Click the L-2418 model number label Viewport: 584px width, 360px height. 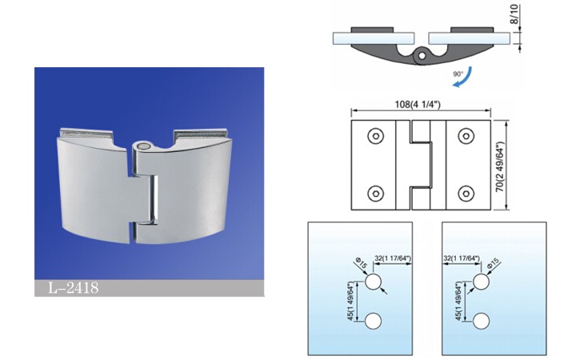74,288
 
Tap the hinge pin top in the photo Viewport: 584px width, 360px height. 142,146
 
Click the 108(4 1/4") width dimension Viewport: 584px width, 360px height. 418,104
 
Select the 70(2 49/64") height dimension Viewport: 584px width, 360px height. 500,166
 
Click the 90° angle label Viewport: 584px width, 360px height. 458,74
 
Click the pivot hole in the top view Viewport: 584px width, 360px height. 422,55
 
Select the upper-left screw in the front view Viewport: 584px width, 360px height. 375,136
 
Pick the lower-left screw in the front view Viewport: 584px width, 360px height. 375,194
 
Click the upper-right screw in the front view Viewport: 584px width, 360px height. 466,136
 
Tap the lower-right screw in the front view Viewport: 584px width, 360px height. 466,194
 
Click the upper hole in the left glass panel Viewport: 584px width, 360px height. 373,282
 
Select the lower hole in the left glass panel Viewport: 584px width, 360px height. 373,322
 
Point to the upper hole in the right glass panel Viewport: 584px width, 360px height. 482,282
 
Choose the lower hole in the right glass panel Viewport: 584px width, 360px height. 482,322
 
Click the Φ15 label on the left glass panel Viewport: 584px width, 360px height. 362,263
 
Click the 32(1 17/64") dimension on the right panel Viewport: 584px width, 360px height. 462,258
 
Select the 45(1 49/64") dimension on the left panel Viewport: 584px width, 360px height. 350,302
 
